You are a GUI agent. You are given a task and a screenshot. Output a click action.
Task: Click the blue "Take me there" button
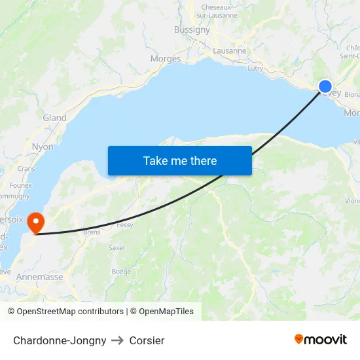pyautogui.click(x=180, y=160)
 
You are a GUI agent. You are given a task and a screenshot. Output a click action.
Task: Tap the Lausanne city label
pyautogui.click(x=230, y=50)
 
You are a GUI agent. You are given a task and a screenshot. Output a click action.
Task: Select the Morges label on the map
pyautogui.click(x=166, y=59)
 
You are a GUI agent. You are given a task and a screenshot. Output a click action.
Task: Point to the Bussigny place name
pyautogui.click(x=192, y=29)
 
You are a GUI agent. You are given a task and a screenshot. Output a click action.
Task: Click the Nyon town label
pyautogui.click(x=43, y=147)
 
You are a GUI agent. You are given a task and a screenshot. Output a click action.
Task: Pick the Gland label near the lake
pyautogui.click(x=54, y=118)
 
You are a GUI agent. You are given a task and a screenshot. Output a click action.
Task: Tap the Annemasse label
pyautogui.click(x=40, y=277)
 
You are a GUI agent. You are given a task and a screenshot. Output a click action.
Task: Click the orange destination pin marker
pyautogui.click(x=37, y=223)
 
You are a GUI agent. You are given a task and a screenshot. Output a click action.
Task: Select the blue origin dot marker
pyautogui.click(x=325, y=86)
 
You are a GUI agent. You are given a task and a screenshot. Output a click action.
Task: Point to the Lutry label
pyautogui.click(x=255, y=67)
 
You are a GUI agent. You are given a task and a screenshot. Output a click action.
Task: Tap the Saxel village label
pyautogui.click(x=117, y=248)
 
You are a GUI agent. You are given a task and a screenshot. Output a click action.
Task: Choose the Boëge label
pyautogui.click(x=121, y=272)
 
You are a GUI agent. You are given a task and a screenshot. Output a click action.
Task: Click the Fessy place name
pyautogui.click(x=124, y=225)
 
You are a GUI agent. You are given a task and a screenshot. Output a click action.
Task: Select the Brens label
pyautogui.click(x=92, y=232)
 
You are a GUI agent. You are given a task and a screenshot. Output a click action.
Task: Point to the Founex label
pyautogui.click(x=21, y=185)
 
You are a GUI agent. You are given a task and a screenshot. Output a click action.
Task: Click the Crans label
pyautogui.click(x=26, y=168)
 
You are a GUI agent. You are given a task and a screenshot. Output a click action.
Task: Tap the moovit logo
pyautogui.click(x=321, y=340)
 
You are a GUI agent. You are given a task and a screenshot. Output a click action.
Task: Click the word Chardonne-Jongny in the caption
pyautogui.click(x=60, y=340)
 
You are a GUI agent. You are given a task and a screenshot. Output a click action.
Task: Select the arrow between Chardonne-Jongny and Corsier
pyautogui.click(x=118, y=340)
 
